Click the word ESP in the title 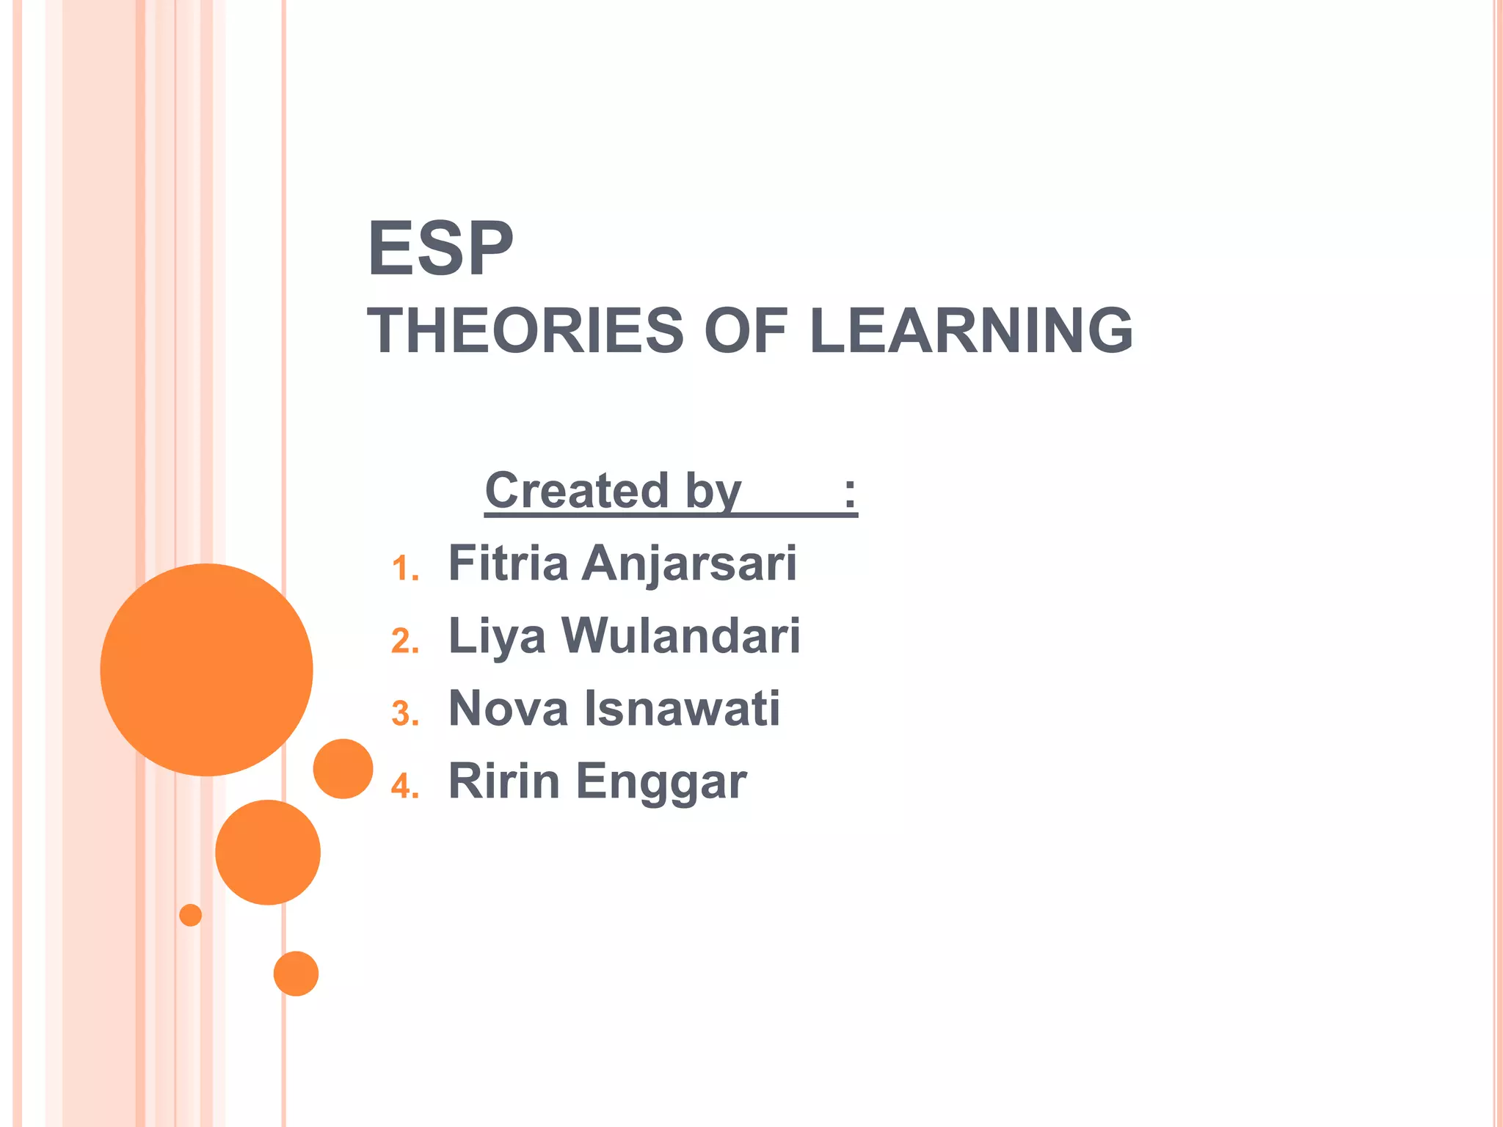(x=440, y=249)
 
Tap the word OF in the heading (x=746, y=331)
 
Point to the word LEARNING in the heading (x=971, y=331)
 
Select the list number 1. (x=404, y=569)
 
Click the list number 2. (x=404, y=641)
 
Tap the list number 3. (x=404, y=714)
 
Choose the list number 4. (x=404, y=787)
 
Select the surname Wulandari (x=681, y=635)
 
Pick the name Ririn (x=504, y=781)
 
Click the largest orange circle (x=206, y=669)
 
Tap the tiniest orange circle (x=190, y=915)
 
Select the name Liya (x=497, y=637)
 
